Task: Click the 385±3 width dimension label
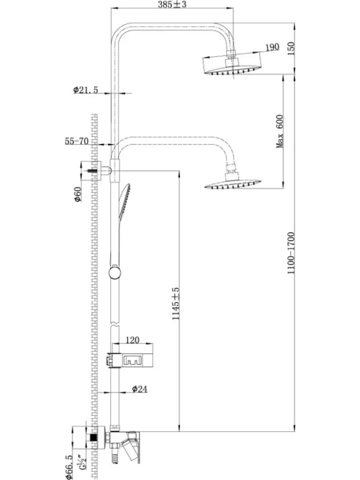click(172, 4)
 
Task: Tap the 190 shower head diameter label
click(272, 47)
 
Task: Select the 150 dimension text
click(291, 48)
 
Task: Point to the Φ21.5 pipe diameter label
click(86, 90)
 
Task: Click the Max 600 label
click(280, 131)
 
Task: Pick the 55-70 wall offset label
click(77, 141)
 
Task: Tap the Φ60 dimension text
click(77, 194)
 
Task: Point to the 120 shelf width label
click(132, 340)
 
